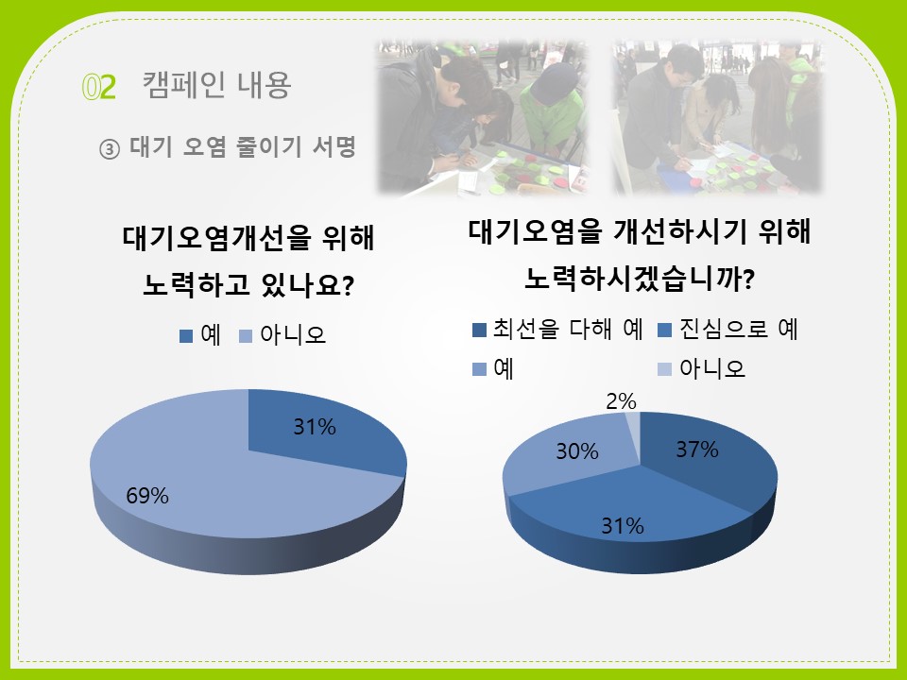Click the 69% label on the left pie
[x=147, y=496]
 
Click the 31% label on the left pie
[x=315, y=427]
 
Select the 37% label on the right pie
[x=697, y=450]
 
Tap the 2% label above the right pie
[x=622, y=401]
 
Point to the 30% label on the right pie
[x=577, y=451]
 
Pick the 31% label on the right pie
[x=623, y=526]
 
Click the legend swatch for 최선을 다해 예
[x=480, y=330]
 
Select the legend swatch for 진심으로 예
[x=664, y=330]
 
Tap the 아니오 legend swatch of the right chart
[x=664, y=369]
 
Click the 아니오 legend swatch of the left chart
[x=246, y=336]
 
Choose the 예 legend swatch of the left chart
[x=186, y=336]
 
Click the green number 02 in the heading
[x=99, y=87]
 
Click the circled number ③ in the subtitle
[x=110, y=149]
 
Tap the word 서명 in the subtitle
[x=334, y=146]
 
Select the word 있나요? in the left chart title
[x=307, y=284]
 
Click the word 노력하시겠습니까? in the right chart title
[x=640, y=278]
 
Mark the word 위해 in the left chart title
[x=349, y=237]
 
